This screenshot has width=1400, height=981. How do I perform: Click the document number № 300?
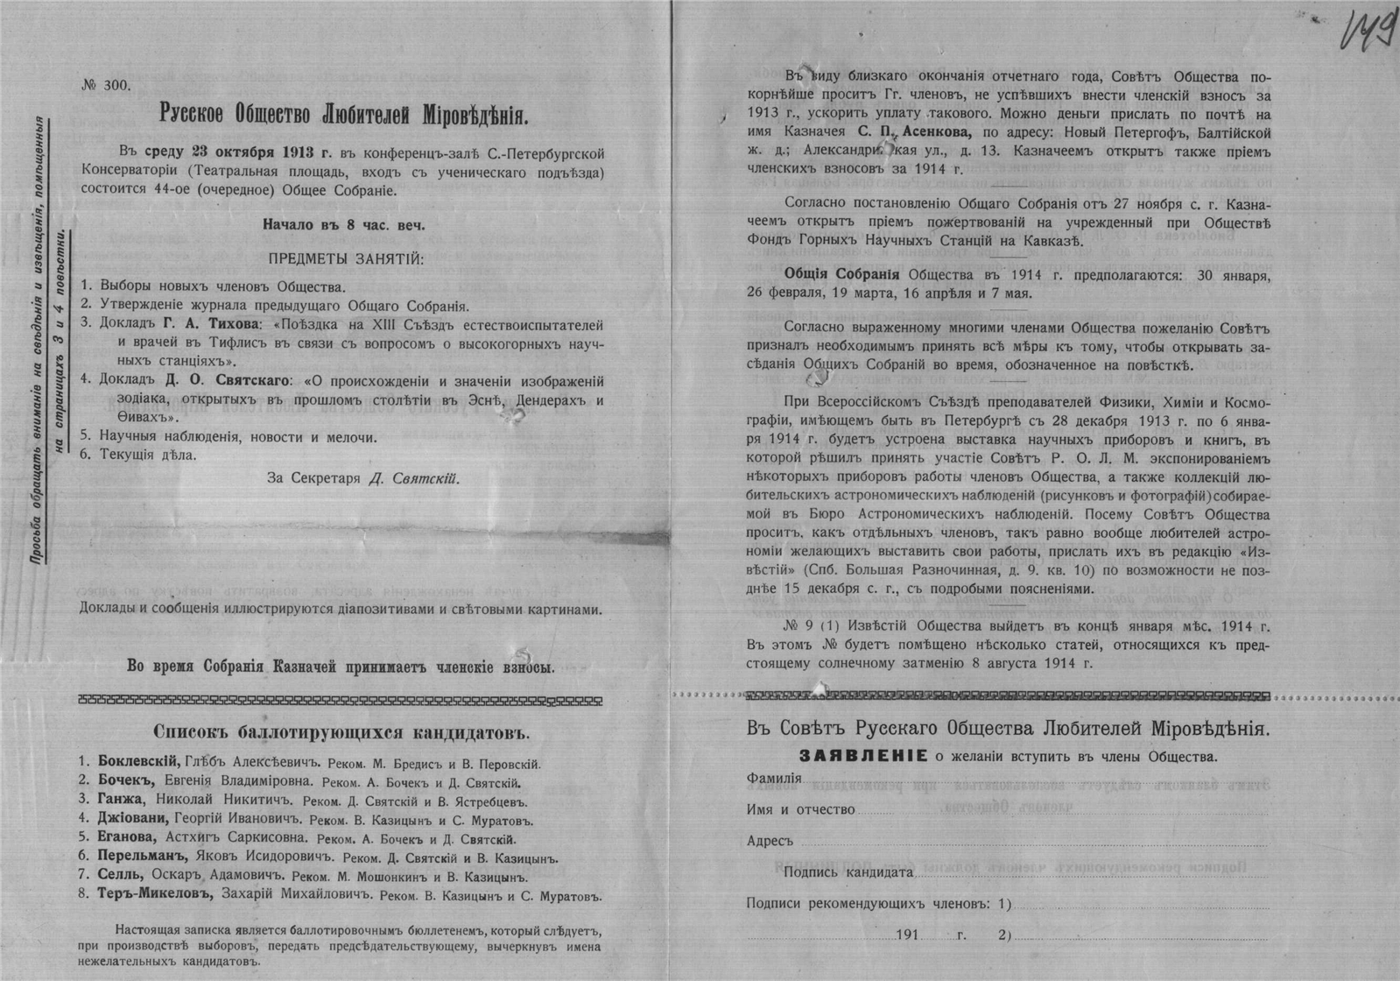tap(105, 85)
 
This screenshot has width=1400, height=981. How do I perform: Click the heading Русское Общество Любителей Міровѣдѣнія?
tap(345, 114)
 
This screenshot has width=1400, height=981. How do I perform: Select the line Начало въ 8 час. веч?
tap(344, 224)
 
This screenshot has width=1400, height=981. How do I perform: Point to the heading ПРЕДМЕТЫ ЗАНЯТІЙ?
tap(344, 259)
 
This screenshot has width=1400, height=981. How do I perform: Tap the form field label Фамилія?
tap(774, 779)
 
